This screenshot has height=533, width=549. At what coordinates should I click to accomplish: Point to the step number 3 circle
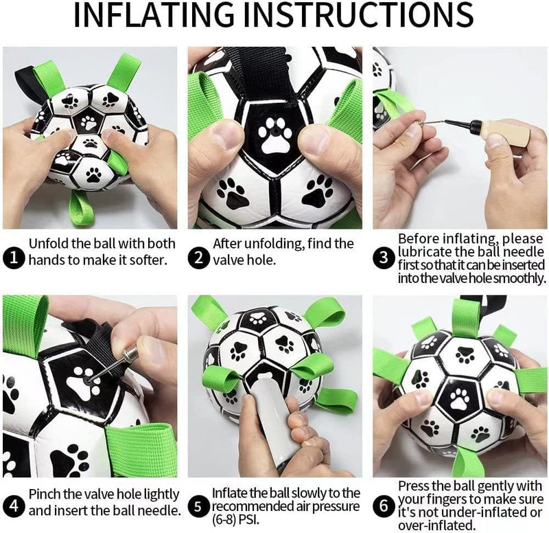pos(382,258)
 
